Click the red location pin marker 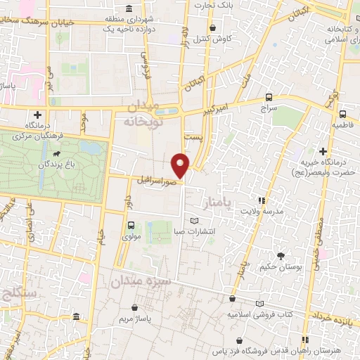click(x=181, y=164)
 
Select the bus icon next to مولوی click(x=131, y=225)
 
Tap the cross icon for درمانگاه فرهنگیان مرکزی click(x=37, y=115)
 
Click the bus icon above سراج click(x=269, y=98)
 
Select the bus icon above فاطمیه click(x=342, y=113)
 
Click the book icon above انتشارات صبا click(x=184, y=221)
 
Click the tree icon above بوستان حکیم click(x=281, y=256)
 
